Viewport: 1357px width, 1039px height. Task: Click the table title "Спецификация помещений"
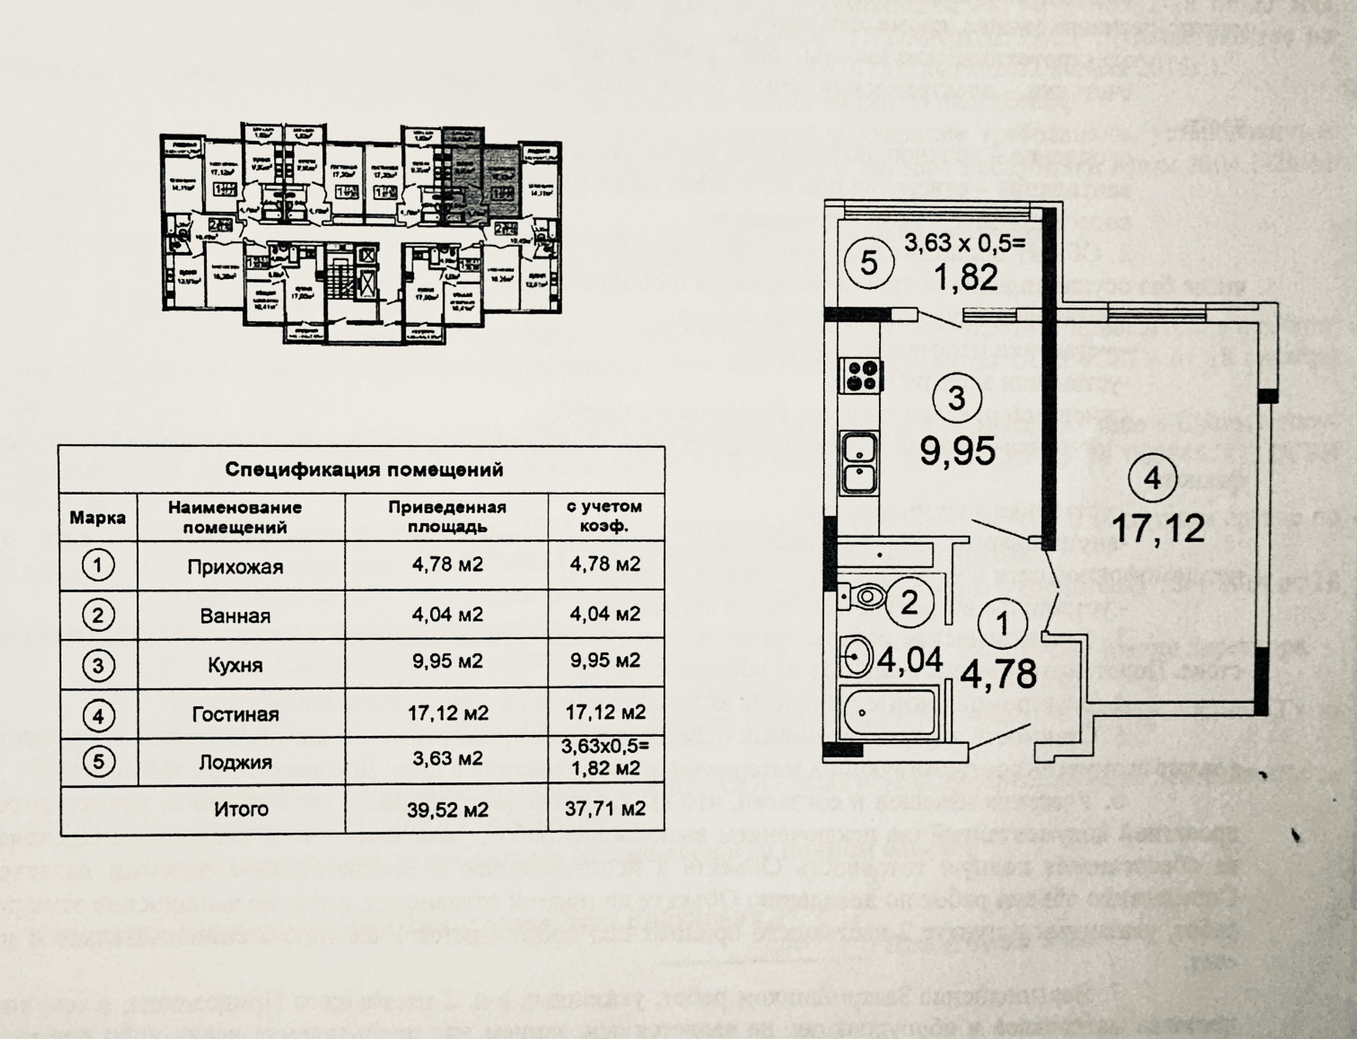[x=363, y=469]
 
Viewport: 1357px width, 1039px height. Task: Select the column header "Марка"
[x=98, y=517]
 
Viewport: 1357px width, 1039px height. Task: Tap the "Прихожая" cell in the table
[x=235, y=567]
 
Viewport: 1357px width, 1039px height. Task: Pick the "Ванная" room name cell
[x=235, y=616]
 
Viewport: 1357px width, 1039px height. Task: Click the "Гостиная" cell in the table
[x=235, y=714]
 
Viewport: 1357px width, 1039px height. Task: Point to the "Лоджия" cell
[x=235, y=762]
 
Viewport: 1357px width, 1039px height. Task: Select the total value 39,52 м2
[x=447, y=809]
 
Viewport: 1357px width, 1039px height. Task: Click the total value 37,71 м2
[x=605, y=808]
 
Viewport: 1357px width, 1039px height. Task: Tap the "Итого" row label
[x=241, y=809]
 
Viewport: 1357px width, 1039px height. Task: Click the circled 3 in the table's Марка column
[x=98, y=665]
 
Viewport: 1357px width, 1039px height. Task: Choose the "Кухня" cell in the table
[x=235, y=665]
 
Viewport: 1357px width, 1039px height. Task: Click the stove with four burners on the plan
[x=861, y=375]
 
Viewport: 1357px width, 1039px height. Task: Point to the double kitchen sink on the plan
[x=859, y=463]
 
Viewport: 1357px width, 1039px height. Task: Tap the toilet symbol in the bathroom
[x=864, y=597]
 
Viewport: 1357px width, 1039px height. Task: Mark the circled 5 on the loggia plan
[x=869, y=263]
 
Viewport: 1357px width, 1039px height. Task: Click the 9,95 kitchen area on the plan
[x=957, y=450]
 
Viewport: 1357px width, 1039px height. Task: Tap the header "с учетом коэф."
[x=604, y=517]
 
